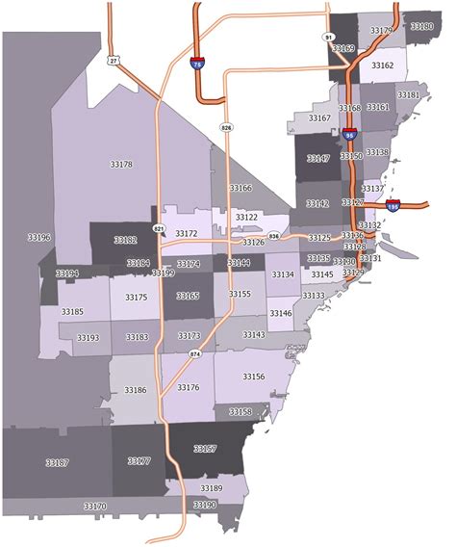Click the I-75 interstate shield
pyautogui.click(x=197, y=65)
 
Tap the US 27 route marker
pyautogui.click(x=114, y=60)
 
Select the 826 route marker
pyautogui.click(x=226, y=127)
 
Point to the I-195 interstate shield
pyautogui.click(x=392, y=205)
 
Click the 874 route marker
pyautogui.click(x=195, y=354)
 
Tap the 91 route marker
pyautogui.click(x=328, y=37)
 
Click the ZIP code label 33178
pyautogui.click(x=121, y=165)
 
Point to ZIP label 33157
pyautogui.click(x=205, y=449)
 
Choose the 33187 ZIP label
pyautogui.click(x=57, y=463)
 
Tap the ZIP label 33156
pyautogui.click(x=253, y=377)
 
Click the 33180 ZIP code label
pyautogui.click(x=421, y=26)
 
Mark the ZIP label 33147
pyautogui.click(x=317, y=158)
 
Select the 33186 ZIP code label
pyautogui.click(x=135, y=390)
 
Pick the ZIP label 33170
pyautogui.click(x=94, y=506)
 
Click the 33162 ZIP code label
pyautogui.click(x=382, y=65)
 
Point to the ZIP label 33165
pyautogui.click(x=188, y=296)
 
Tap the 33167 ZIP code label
pyautogui.click(x=319, y=117)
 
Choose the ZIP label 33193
pyautogui.click(x=88, y=338)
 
